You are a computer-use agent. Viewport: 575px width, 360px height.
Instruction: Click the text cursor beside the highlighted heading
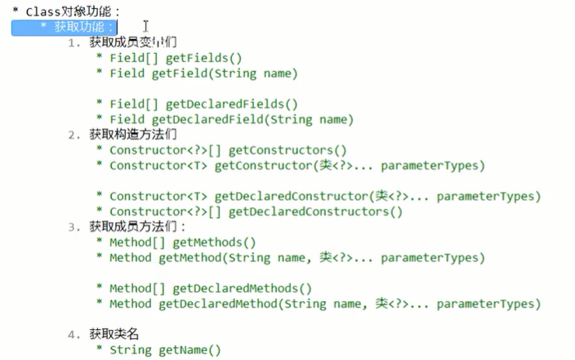point(145,27)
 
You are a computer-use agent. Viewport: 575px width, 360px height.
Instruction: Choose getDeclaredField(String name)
point(252,119)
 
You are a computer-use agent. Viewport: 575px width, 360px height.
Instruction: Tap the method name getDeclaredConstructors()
point(315,211)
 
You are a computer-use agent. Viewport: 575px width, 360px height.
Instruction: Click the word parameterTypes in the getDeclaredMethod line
point(488,304)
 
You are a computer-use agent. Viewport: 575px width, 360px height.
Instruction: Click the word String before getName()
point(130,350)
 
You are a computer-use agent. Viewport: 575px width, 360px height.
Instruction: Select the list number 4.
point(73,335)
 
